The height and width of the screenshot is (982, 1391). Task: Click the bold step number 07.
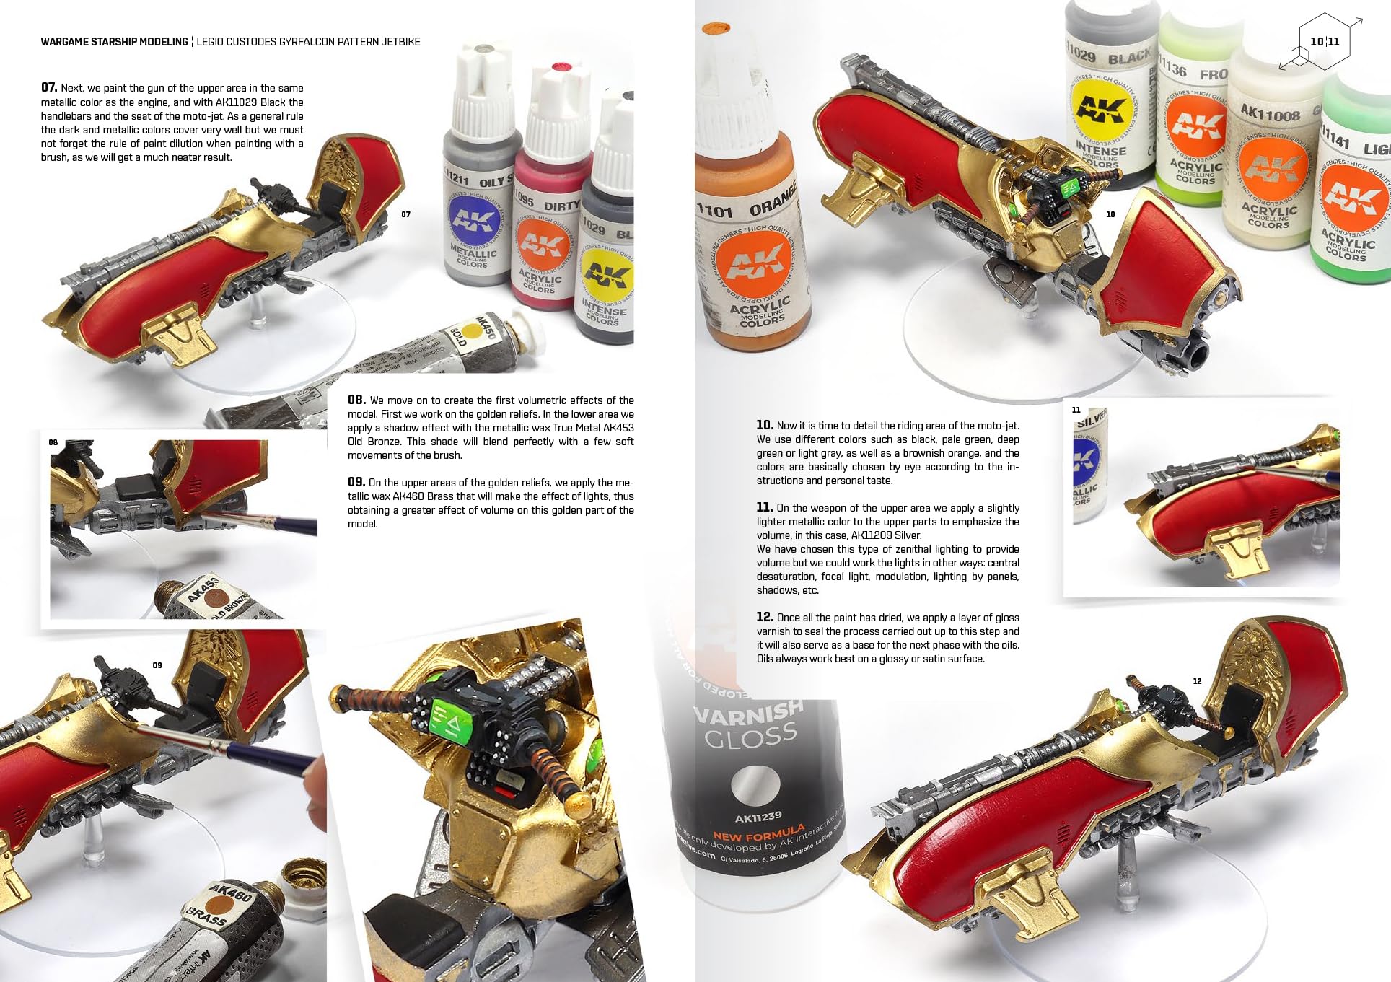48,88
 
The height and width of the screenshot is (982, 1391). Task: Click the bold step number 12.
765,617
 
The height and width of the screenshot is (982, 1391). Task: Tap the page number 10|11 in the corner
1325,42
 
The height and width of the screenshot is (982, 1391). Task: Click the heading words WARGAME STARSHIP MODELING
114,42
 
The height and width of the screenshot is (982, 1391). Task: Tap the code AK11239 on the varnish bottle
758,817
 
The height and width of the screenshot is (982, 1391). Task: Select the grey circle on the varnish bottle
755,785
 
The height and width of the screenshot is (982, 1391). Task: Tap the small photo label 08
53,442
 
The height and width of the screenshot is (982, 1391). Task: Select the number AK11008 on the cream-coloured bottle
1270,113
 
